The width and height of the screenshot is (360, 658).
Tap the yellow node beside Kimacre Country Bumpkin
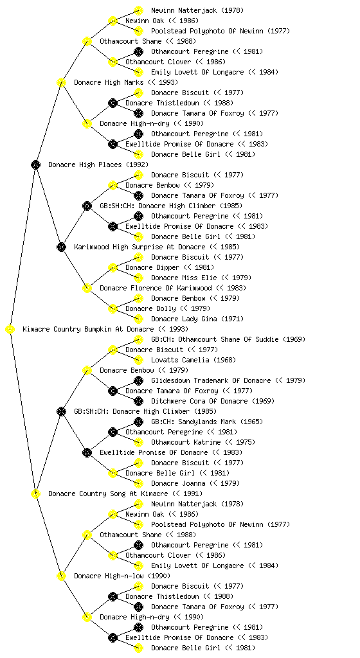coord(10,330)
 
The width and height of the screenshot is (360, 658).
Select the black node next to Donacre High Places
coord(35,165)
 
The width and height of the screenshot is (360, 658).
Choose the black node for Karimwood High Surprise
coord(61,247)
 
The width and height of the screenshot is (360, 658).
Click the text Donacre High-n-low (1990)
coord(122,576)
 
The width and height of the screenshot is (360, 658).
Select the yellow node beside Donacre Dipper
coord(113,268)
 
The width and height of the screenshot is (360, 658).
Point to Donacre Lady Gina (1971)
coord(197,319)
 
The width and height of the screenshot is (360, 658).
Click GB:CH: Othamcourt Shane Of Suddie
coord(228,339)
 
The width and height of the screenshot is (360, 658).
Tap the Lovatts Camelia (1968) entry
coord(194,360)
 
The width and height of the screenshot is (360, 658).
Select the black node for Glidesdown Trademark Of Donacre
coord(138,380)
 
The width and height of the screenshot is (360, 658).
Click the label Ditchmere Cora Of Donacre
coord(213,401)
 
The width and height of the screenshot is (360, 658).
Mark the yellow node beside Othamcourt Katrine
coord(138,442)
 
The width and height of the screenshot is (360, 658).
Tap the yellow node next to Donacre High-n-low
coord(61,576)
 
